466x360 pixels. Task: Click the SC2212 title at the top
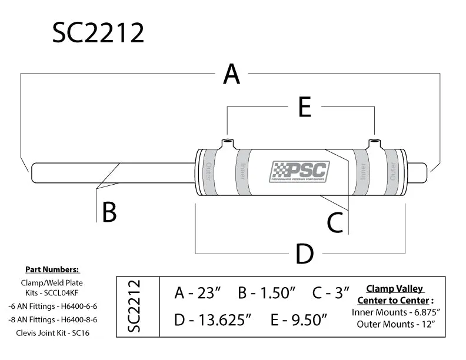pyautogui.click(x=98, y=33)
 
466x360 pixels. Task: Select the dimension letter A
pyautogui.click(x=232, y=75)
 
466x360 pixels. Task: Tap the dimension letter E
pyautogui.click(x=304, y=108)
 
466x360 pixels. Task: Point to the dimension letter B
pyautogui.click(x=109, y=212)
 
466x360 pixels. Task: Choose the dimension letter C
pyautogui.click(x=335, y=222)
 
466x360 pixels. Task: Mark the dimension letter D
pyautogui.click(x=304, y=254)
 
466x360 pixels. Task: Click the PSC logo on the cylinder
pyautogui.click(x=299, y=172)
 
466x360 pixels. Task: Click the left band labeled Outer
pyautogui.click(x=208, y=172)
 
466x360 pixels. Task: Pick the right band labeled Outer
pyautogui.click(x=394, y=172)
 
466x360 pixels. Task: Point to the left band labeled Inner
pyautogui.click(x=242, y=172)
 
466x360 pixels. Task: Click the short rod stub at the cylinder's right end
pyautogui.click(x=417, y=172)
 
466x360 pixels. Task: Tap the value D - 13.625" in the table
pyautogui.click(x=213, y=321)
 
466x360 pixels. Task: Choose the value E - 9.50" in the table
pyautogui.click(x=298, y=321)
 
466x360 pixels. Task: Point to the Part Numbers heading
pyautogui.click(x=52, y=269)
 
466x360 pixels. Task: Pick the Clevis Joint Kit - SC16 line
pyautogui.click(x=53, y=333)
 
